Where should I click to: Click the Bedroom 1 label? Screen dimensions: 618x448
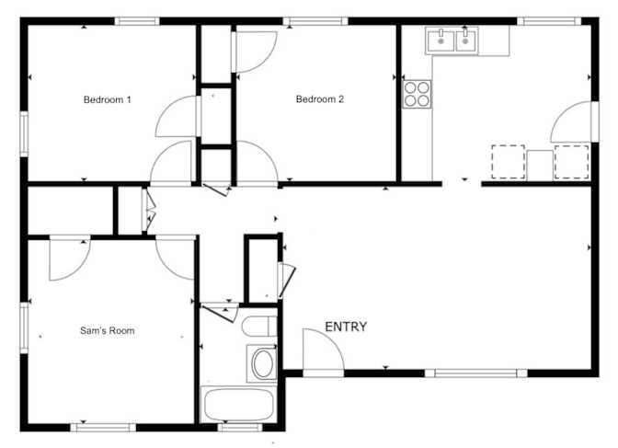pyautogui.click(x=108, y=99)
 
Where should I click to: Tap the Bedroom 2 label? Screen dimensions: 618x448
pyautogui.click(x=320, y=99)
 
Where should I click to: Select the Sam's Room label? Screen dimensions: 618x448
pyautogui.click(x=108, y=330)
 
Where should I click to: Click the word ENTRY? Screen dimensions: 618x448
pyautogui.click(x=346, y=327)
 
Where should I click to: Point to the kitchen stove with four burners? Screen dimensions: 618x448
pyautogui.click(x=417, y=94)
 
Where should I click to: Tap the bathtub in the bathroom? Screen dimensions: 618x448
pyautogui.click(x=238, y=405)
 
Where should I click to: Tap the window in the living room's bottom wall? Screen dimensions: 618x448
pyautogui.click(x=475, y=373)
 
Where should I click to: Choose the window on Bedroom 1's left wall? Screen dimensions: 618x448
pyautogui.click(x=24, y=133)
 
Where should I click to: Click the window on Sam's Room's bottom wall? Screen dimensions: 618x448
pyautogui.click(x=103, y=427)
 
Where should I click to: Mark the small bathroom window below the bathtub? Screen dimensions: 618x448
pyautogui.click(x=240, y=427)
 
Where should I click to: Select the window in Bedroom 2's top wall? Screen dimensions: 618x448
pyautogui.click(x=315, y=21)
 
